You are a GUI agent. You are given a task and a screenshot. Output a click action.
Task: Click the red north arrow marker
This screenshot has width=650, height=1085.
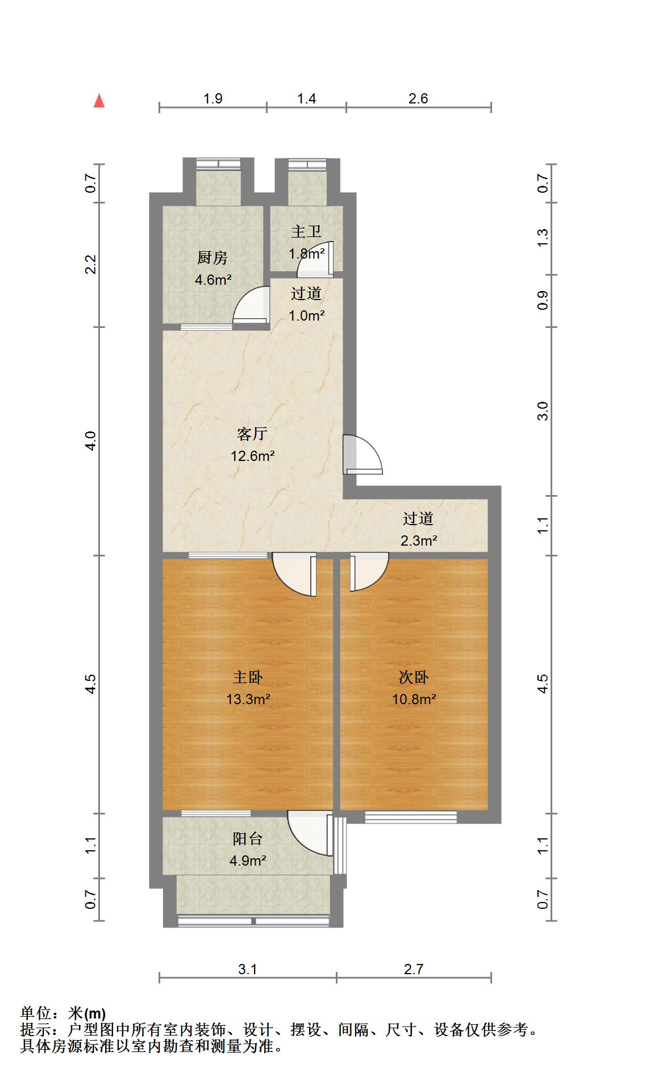[99, 101]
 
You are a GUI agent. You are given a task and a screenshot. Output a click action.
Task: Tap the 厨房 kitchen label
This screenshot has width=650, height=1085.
[213, 258]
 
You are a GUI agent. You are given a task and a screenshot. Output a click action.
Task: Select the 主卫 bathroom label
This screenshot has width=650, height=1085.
[306, 231]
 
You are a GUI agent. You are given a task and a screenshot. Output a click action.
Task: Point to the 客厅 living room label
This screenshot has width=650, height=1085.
[252, 434]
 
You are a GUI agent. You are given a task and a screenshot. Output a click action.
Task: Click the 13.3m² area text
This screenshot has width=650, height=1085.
[248, 699]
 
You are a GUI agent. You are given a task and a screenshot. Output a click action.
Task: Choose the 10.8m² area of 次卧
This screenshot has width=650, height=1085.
[414, 699]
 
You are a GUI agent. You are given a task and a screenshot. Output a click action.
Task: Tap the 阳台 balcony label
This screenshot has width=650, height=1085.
[248, 838]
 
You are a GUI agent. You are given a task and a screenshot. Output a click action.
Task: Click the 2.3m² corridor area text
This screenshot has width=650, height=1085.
[419, 541]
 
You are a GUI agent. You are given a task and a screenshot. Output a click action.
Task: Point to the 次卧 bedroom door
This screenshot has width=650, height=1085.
[368, 572]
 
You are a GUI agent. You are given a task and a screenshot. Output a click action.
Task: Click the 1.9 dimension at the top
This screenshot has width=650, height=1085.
[213, 98]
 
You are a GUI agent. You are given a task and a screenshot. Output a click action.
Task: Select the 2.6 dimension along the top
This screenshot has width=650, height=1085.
[418, 98]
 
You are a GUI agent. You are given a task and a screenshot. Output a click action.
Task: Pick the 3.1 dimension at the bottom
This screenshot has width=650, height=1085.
[248, 969]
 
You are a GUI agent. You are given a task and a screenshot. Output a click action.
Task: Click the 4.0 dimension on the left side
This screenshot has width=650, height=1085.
[91, 441]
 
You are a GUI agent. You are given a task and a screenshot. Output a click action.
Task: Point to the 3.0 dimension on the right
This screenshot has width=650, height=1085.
[543, 411]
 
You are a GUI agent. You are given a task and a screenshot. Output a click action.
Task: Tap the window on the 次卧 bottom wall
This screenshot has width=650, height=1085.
[410, 817]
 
